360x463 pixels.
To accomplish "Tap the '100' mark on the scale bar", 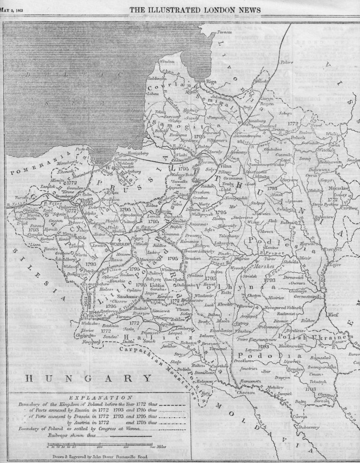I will click(x=100, y=447).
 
